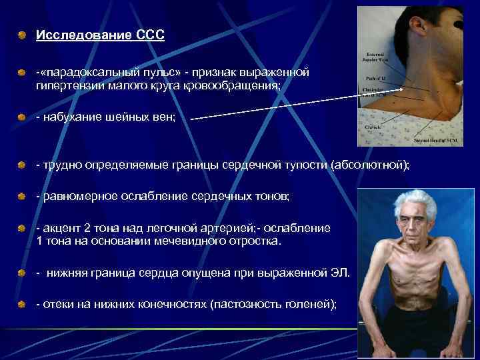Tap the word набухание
coord(69,117)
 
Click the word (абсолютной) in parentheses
coord(370,165)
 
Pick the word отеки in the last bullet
coord(57,303)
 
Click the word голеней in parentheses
coord(310,303)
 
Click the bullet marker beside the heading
coord(23,34)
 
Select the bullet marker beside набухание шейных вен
coord(23,117)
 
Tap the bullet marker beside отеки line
coord(23,304)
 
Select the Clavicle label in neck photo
coord(373,126)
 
